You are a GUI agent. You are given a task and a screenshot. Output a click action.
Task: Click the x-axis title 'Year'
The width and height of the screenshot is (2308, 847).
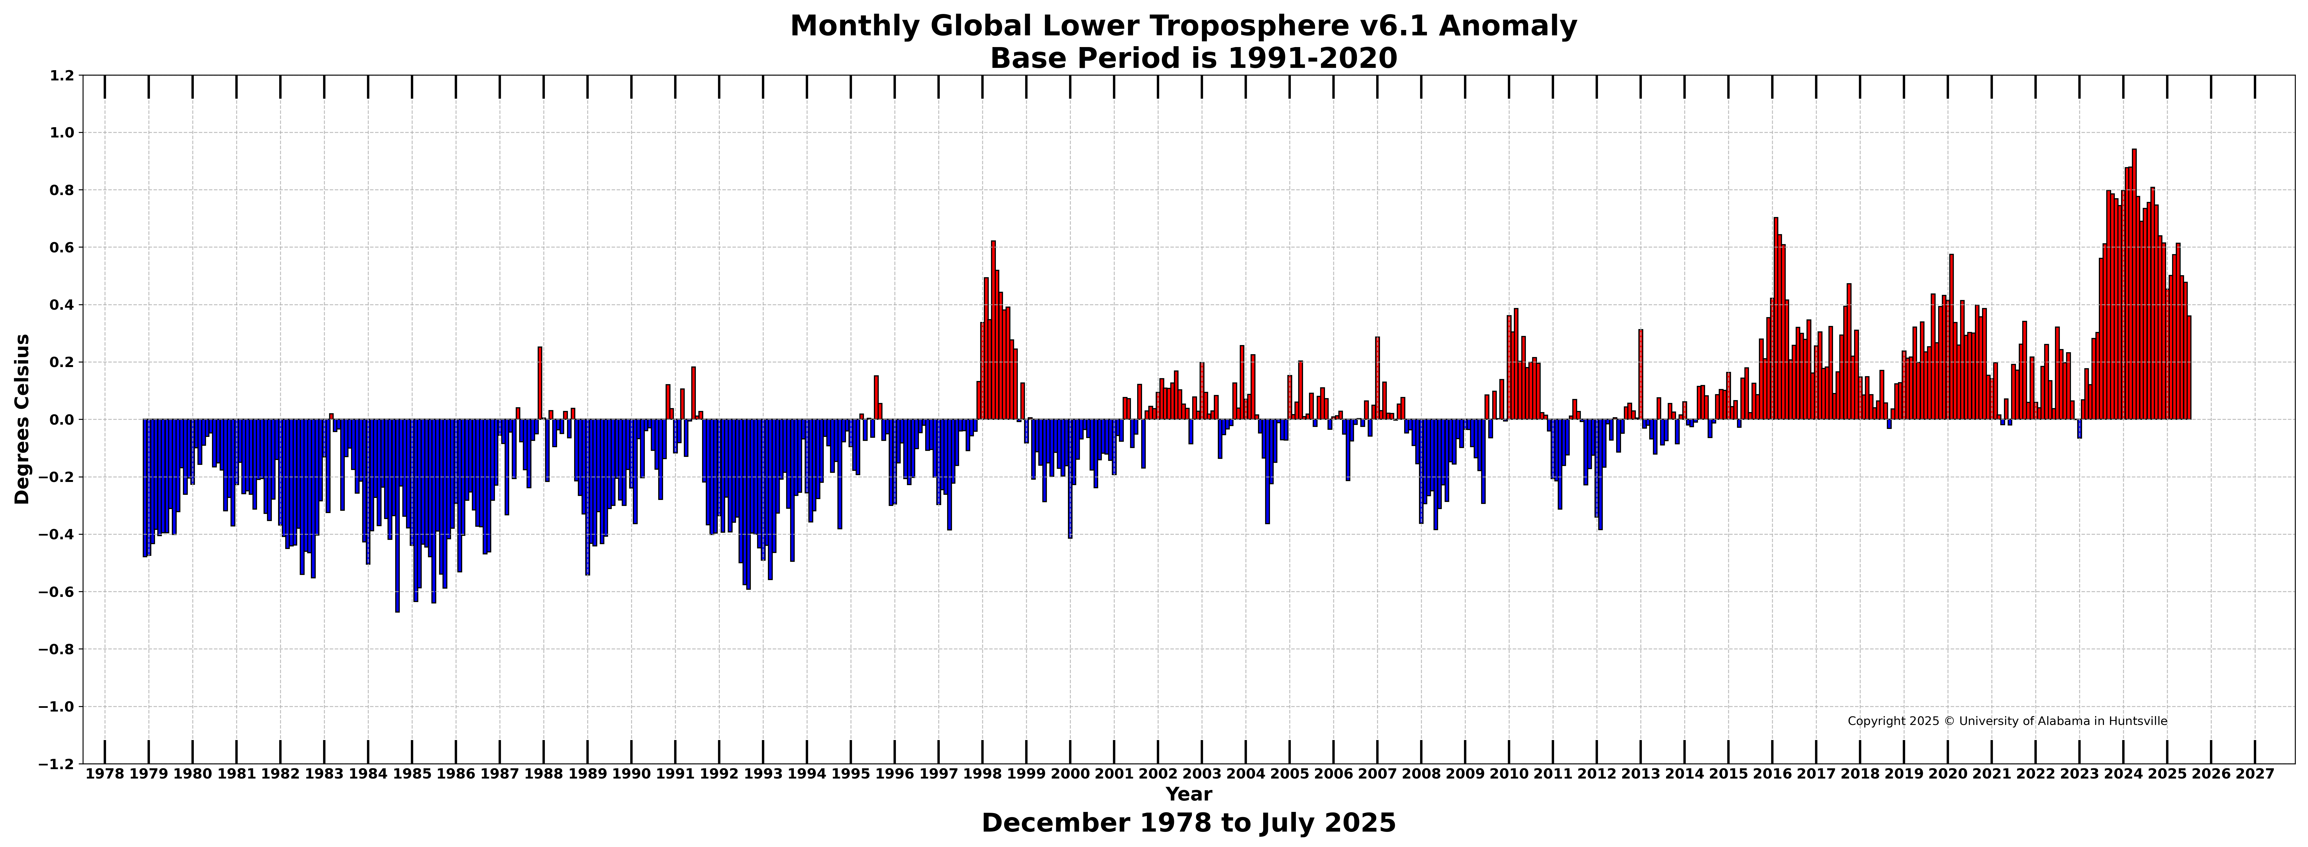pos(1189,794)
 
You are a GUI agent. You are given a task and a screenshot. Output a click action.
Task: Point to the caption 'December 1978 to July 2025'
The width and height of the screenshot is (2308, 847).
pos(1189,823)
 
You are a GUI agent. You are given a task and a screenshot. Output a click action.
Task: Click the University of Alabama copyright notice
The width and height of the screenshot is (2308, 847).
pos(2007,721)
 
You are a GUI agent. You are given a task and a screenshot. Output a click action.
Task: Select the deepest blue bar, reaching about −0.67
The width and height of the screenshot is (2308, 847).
pos(397,515)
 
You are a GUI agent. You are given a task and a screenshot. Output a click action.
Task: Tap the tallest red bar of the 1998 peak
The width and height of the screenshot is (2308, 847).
pos(993,330)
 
